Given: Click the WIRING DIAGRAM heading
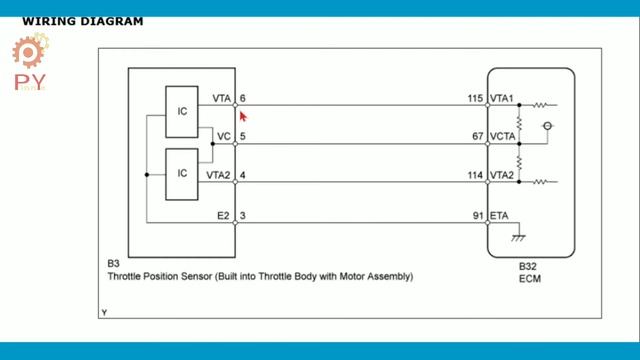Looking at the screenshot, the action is (x=82, y=21).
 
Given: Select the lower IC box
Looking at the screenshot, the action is (x=182, y=172).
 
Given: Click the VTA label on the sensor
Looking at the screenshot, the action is (x=222, y=98).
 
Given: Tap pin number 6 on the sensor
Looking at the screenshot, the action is (x=243, y=98).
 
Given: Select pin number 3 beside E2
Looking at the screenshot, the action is (x=243, y=214).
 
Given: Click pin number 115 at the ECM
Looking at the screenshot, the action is (x=474, y=98).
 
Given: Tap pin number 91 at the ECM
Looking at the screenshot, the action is (x=477, y=214).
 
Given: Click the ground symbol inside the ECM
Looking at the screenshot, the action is (x=519, y=238).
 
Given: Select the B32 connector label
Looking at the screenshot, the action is (x=527, y=266).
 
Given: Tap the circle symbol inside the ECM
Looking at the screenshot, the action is (x=547, y=126).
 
